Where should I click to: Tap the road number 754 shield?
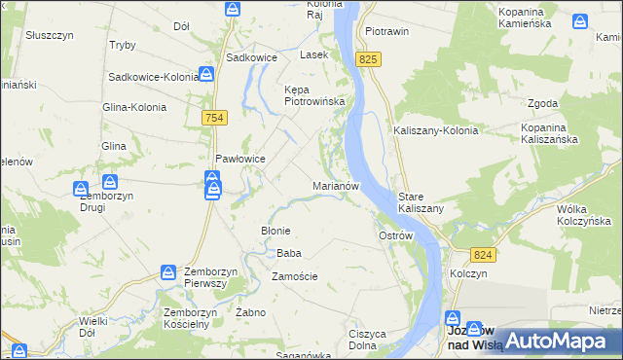(216, 118)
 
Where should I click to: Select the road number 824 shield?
(487, 254)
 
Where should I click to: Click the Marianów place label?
(337, 185)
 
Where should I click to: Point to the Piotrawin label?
(385, 31)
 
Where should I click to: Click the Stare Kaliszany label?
(421, 202)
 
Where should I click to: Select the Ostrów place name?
(396, 235)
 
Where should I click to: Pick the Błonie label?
(275, 230)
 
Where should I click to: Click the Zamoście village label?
(295, 276)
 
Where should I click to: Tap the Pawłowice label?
(240, 159)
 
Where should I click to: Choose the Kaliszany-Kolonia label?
(435, 130)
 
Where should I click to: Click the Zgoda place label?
(542, 103)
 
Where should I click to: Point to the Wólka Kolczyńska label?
(582, 215)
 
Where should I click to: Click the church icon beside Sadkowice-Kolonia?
(207, 75)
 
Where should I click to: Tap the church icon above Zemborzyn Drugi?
(110, 182)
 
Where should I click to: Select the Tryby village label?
(123, 46)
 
